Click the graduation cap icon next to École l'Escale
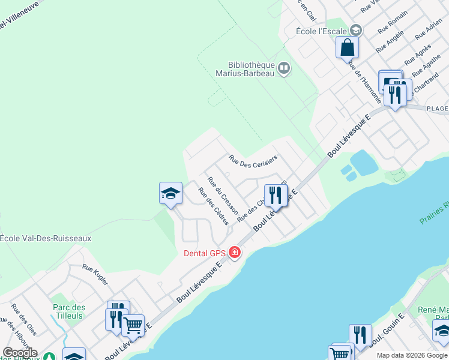[x=356, y=30]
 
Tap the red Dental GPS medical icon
[x=234, y=253]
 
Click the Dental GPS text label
[x=204, y=253]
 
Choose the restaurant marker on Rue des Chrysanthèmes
[x=276, y=195]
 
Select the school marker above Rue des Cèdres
[x=170, y=193]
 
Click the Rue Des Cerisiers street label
[x=253, y=161]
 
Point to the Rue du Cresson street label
[x=223, y=196]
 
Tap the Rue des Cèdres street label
[x=214, y=206]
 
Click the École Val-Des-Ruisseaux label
[x=46, y=238]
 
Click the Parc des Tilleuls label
[x=69, y=312]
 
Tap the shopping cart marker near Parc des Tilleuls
[x=133, y=325]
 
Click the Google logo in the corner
[x=20, y=353]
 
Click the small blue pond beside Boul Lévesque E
[x=364, y=161]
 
